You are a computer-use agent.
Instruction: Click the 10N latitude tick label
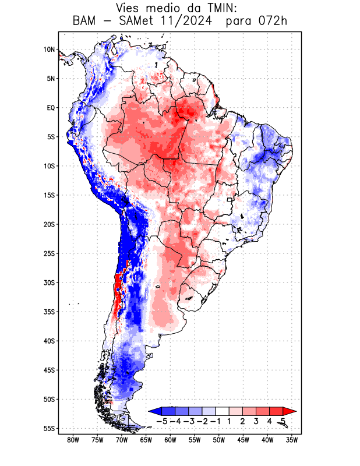click(x=49, y=50)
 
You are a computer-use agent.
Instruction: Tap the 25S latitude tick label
click(x=49, y=253)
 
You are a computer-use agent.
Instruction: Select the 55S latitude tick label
click(x=49, y=428)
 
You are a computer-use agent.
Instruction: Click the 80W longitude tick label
click(x=73, y=440)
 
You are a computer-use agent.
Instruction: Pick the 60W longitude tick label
click(x=171, y=440)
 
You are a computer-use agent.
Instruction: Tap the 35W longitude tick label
click(x=292, y=440)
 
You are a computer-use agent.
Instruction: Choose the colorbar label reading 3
click(x=257, y=421)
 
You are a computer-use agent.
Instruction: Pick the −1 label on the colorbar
click(x=216, y=421)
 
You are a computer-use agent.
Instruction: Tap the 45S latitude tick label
click(x=49, y=370)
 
